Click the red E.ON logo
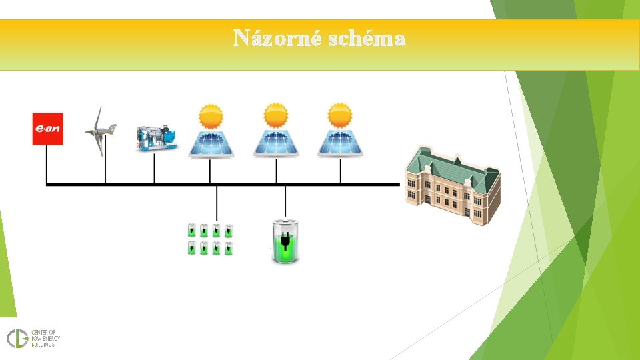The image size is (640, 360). pos(48,129)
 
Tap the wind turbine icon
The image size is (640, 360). pos(101,131)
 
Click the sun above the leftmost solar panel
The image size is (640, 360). pos(211,117)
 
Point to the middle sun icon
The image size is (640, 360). pos(275,117)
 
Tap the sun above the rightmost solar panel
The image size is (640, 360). pos(340,117)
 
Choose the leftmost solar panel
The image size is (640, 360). pos(210,143)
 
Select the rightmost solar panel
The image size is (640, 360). pos(340,143)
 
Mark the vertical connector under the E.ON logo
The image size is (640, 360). pos(47,164)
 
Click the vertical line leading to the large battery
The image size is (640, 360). pos(285,202)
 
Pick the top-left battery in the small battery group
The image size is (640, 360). pos(192,231)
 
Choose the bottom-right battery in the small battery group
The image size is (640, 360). pos(228,249)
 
